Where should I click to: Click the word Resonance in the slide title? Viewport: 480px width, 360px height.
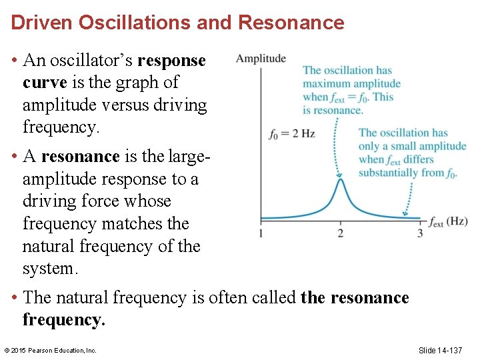[291, 23]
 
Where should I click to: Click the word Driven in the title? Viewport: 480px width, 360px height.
[42, 23]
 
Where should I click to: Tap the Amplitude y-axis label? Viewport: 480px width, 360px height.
[261, 59]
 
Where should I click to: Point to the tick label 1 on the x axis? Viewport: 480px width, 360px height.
[260, 233]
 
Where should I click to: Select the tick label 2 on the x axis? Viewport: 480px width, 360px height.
[340, 233]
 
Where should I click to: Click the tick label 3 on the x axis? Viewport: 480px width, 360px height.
[420, 233]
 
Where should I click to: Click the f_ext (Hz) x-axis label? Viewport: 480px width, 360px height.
[448, 221]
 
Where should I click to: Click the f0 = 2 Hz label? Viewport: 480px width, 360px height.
[291, 134]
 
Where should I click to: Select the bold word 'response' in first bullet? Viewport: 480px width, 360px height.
[171, 61]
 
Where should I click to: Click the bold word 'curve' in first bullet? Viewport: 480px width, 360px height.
[44, 83]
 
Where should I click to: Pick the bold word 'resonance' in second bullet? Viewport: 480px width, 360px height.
[80, 157]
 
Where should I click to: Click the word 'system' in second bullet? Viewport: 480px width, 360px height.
[48, 269]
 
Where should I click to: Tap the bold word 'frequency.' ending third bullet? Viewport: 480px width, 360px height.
[64, 320]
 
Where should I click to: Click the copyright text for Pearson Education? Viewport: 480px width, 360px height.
[50, 351]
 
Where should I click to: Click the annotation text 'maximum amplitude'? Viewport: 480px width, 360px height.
[351, 83]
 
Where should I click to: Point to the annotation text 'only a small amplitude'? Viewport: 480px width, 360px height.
[412, 146]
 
